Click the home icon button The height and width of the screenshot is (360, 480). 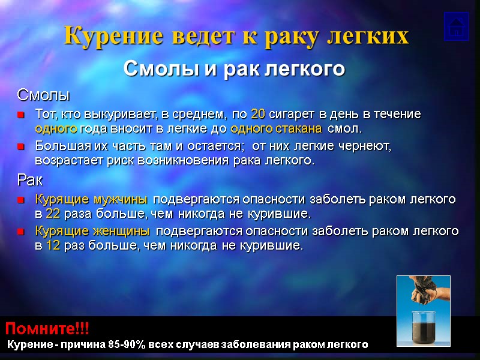pos(456,26)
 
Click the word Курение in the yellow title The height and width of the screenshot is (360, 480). pos(104,36)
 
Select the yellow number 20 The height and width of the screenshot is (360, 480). pos(259,114)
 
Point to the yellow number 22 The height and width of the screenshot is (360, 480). pos(52,213)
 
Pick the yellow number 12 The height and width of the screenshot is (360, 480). pos(52,246)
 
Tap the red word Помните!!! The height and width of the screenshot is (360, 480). pos(47,328)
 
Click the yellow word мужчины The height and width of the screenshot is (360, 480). pos(123,199)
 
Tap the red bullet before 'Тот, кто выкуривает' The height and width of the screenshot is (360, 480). pos(22,115)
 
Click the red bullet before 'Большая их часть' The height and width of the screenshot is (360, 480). pos(22,146)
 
